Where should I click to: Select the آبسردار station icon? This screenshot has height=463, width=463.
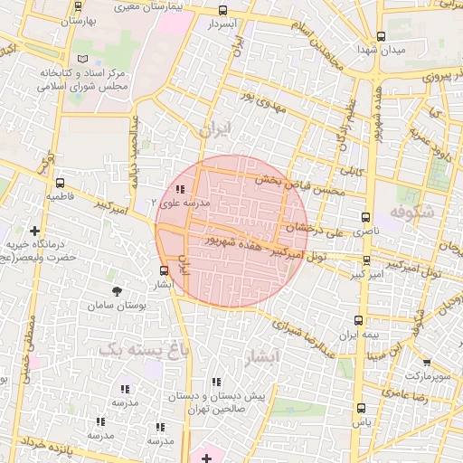223,11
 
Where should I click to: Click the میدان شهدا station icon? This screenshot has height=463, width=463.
381,38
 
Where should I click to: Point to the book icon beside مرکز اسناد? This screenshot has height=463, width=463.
84,59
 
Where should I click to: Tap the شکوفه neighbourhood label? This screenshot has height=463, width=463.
412,211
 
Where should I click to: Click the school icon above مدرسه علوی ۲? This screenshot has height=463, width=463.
180,189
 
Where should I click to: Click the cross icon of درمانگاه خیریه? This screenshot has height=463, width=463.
35,231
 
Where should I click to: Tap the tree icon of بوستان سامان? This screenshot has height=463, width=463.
116,290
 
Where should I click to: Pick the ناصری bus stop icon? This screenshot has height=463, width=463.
365,217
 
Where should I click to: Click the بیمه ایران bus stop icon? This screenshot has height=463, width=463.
359,321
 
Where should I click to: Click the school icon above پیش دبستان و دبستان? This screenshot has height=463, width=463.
215,383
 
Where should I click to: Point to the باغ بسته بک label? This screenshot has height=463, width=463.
134,346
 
